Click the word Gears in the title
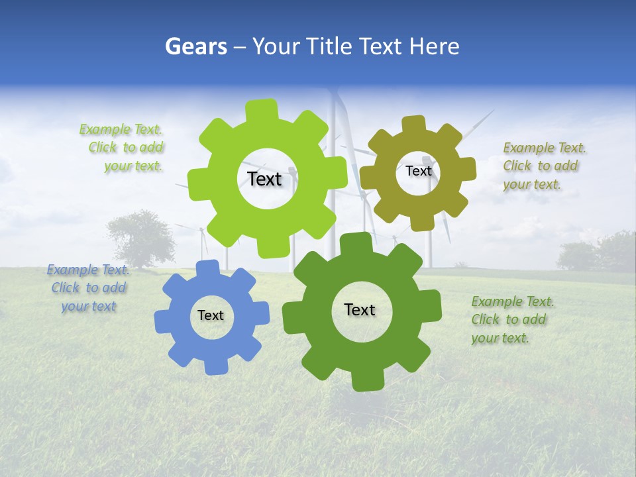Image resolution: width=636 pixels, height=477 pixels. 195,46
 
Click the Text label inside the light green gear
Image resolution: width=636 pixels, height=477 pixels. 264,179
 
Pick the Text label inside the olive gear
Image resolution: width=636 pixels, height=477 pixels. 418,171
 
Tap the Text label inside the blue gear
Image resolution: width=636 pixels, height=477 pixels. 211,316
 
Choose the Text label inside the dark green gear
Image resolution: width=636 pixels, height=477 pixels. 360,309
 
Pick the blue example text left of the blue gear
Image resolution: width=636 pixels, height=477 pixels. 89,288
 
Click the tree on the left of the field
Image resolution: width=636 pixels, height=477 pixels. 140,237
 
